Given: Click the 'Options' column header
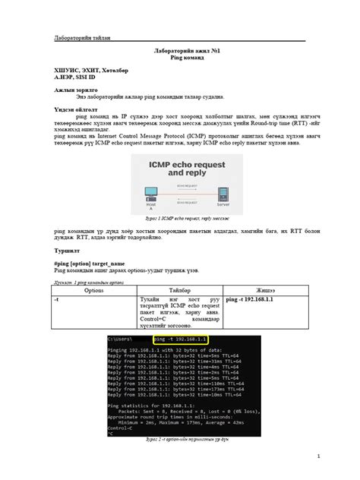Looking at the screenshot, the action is coord(94,290).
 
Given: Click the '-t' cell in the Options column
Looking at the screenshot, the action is coord(57,300).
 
